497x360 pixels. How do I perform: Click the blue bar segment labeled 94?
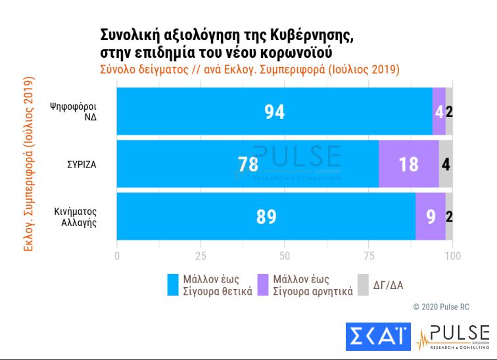pos(274,112)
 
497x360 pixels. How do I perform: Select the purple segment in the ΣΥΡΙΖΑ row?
pos(408,164)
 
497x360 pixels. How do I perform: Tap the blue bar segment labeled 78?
pos(248,164)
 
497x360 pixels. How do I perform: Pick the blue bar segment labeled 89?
pos(266,217)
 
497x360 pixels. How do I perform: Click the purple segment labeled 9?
pos(431,217)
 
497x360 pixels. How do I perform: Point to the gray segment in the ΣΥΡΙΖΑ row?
pos(445,164)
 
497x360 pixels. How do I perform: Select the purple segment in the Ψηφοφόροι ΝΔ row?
pos(438,112)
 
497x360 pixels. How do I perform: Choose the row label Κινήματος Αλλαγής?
pos(76,217)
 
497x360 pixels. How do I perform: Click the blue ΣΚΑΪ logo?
pos(377,337)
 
